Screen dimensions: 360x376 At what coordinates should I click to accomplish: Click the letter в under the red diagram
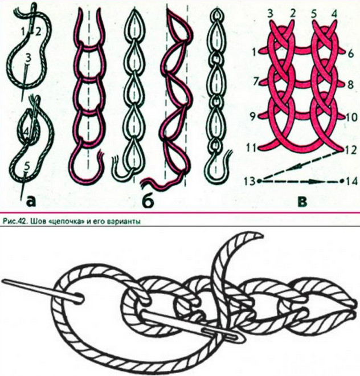pyautogui.click(x=302, y=202)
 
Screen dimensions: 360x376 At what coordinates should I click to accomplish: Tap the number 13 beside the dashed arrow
pyautogui.click(x=250, y=181)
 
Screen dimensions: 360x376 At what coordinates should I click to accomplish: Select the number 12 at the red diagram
pyautogui.click(x=351, y=150)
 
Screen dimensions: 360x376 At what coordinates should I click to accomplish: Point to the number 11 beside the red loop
pyautogui.click(x=251, y=148)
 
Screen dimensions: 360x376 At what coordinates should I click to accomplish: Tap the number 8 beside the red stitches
pyautogui.click(x=350, y=84)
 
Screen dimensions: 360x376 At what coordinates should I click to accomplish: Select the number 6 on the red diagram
pyautogui.click(x=351, y=53)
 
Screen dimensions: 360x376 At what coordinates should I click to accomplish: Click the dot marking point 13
pyautogui.click(x=259, y=181)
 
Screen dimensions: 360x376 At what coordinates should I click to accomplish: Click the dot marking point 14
pyautogui.click(x=342, y=181)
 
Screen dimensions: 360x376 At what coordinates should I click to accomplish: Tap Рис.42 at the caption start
pyautogui.click(x=12, y=222)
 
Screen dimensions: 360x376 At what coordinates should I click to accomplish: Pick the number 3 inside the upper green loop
pyautogui.click(x=28, y=58)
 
